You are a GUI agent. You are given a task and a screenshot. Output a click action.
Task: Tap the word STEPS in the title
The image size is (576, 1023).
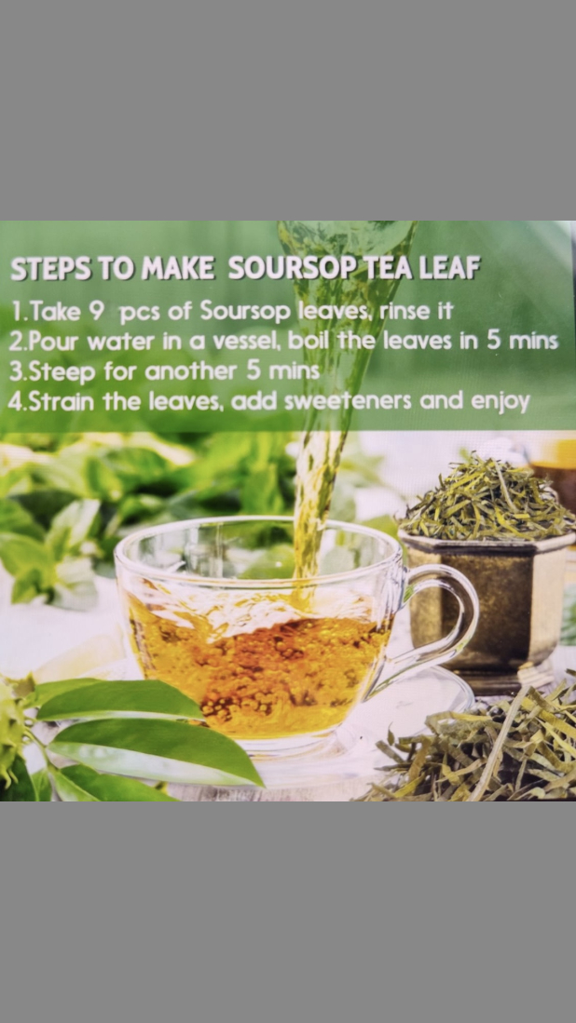(x=51, y=269)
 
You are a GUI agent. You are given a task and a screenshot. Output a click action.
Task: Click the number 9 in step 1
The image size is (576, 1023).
(x=96, y=310)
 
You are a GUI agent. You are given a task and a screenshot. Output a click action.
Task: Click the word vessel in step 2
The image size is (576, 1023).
(x=250, y=342)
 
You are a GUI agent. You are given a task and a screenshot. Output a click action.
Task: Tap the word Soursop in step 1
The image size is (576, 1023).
(x=245, y=311)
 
